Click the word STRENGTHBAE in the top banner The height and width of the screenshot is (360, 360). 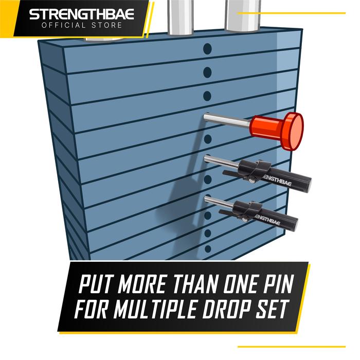pyautogui.click(x=81, y=13)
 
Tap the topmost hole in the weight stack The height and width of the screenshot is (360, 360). pyautogui.click(x=207, y=49)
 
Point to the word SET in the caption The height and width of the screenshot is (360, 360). pyautogui.click(x=282, y=310)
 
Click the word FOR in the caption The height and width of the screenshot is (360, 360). pyautogui.click(x=90, y=310)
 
